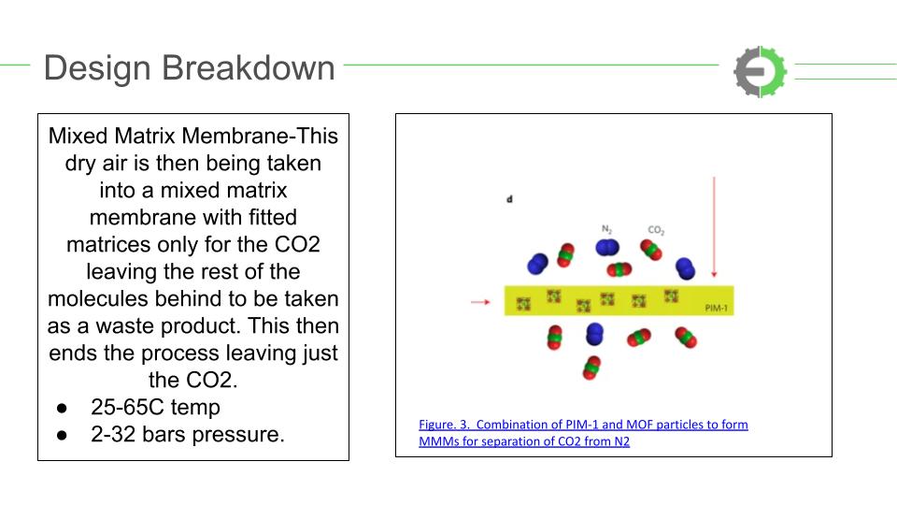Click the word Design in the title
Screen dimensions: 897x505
(98, 68)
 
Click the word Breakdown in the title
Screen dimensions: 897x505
(249, 67)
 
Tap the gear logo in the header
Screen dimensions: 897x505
(761, 72)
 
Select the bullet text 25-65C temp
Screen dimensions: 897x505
(155, 407)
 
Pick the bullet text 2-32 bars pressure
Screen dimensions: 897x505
(187, 434)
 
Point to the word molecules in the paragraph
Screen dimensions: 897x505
(96, 298)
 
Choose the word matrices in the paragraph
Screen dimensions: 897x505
(108, 244)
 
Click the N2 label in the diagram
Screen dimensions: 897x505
(607, 229)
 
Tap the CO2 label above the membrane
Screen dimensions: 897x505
(656, 230)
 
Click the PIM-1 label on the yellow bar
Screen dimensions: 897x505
(717, 308)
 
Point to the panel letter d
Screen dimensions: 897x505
(509, 199)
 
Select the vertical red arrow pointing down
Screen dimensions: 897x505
(714, 227)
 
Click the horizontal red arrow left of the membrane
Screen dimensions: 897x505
(480, 302)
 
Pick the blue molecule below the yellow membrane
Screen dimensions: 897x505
(594, 334)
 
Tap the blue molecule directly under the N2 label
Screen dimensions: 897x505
(607, 247)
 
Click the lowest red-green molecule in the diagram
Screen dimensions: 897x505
(591, 368)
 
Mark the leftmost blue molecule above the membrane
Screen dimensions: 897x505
(537, 264)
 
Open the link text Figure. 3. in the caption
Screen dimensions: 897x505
(444, 425)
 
